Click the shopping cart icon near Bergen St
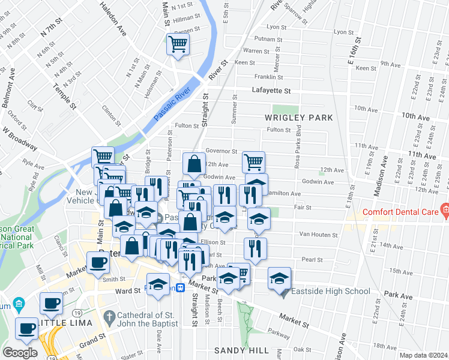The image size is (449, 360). tap(178, 44)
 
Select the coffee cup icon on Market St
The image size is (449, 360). tap(98, 262)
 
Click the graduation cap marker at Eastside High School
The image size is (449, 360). tap(279, 278)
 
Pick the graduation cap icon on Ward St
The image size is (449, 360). tap(158, 284)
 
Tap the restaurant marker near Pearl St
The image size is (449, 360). tap(255, 248)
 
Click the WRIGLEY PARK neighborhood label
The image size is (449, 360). tap(298, 118)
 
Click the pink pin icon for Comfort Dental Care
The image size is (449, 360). tap(445, 209)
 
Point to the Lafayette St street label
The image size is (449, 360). tap(270, 91)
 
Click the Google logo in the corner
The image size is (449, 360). tap(20, 352)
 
